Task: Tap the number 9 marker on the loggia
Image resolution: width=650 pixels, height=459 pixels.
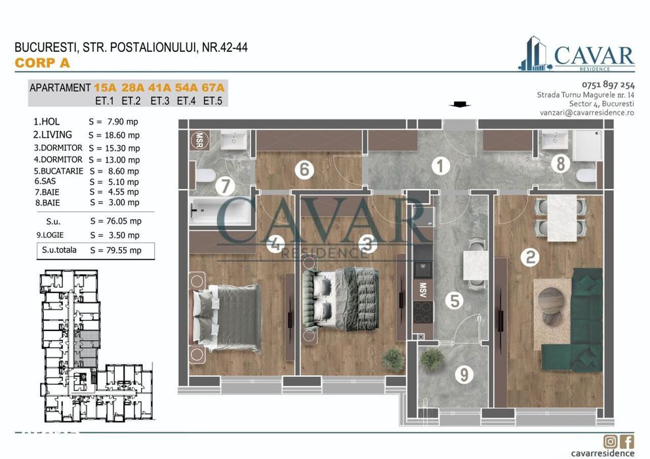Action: [464, 375]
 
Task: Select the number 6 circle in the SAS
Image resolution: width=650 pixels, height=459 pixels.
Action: [303, 170]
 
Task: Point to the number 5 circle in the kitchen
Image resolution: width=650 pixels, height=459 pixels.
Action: [455, 300]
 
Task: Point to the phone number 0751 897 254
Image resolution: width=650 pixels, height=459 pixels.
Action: [608, 85]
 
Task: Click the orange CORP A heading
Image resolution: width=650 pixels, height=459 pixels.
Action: [41, 64]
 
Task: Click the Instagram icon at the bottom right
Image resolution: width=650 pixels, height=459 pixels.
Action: [611, 441]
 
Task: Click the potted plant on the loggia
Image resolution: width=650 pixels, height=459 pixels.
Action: [432, 358]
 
